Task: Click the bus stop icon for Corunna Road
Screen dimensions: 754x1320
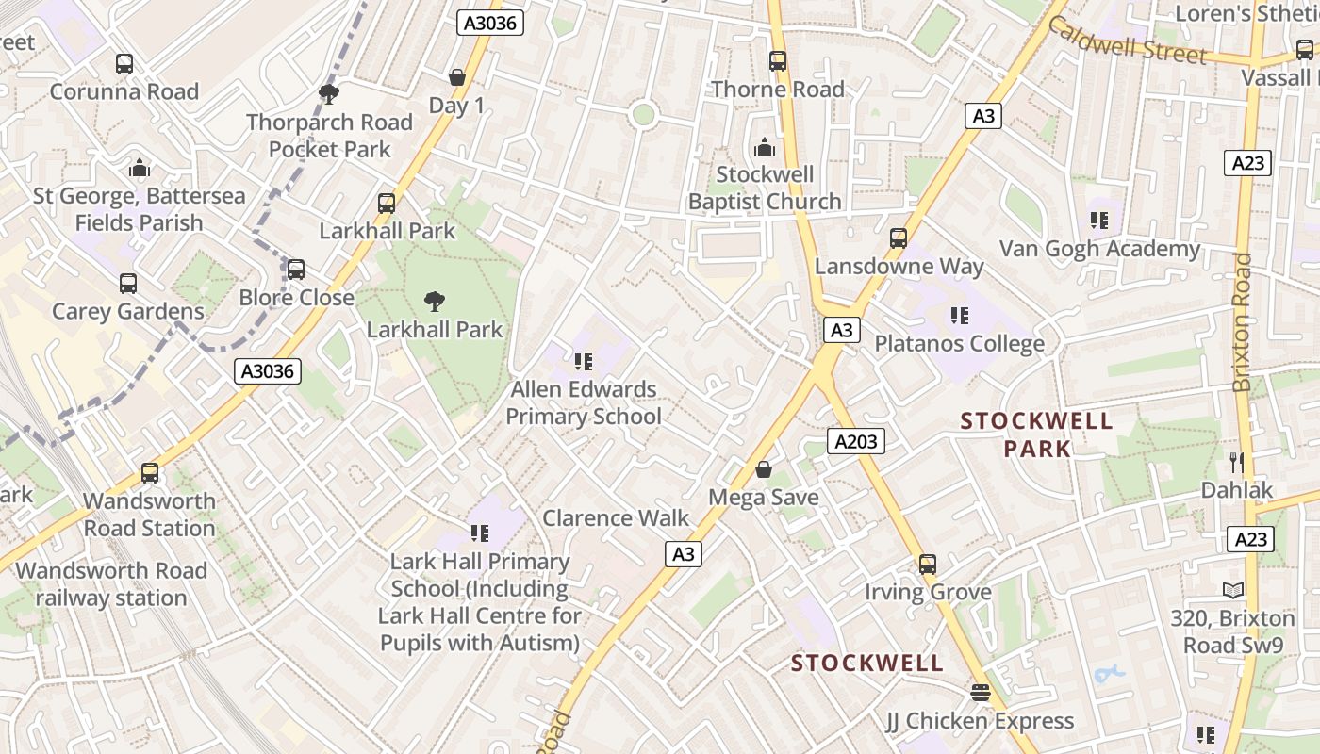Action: tap(124, 64)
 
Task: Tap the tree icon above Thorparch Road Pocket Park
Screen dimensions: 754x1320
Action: tap(329, 93)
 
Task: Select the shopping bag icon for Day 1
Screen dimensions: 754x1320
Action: tap(457, 77)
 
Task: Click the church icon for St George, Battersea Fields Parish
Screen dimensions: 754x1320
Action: tap(140, 169)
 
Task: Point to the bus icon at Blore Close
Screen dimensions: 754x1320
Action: tap(296, 270)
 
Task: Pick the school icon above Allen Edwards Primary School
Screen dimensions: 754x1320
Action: tap(583, 361)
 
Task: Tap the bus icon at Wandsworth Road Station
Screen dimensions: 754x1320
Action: tap(150, 473)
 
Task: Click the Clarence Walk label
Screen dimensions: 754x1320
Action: tap(616, 517)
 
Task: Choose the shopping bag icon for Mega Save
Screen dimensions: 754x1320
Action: tap(764, 468)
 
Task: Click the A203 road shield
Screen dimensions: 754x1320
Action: tap(856, 440)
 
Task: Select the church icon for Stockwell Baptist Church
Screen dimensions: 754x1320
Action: tap(764, 147)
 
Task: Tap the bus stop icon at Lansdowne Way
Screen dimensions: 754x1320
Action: tap(899, 238)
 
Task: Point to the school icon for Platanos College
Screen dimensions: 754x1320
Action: tap(960, 316)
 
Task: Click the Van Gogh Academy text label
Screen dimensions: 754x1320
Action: tap(1099, 249)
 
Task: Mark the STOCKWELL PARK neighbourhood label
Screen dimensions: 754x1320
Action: tap(1036, 434)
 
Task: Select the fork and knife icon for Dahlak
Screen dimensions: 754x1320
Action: tap(1237, 462)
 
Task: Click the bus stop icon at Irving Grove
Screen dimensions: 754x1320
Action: tap(928, 565)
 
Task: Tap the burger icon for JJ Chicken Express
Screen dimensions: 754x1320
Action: tap(980, 693)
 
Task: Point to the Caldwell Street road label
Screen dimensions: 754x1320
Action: tap(1127, 41)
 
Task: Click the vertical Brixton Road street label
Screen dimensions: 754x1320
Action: tap(1243, 321)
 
